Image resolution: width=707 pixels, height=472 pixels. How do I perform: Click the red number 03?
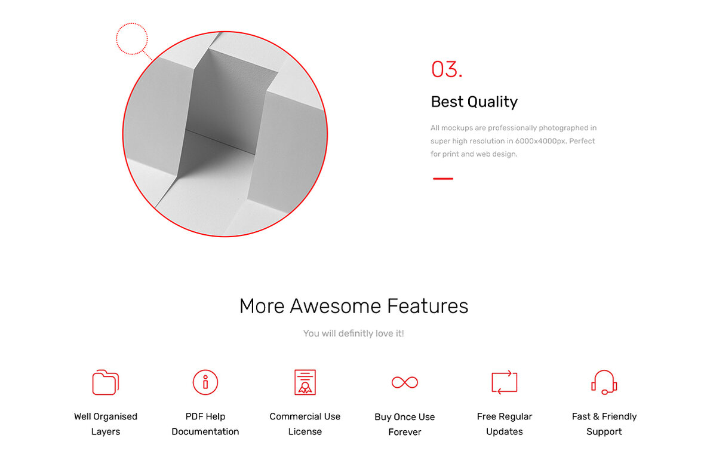coord(447,69)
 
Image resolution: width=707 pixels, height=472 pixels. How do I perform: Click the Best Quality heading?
coord(474,102)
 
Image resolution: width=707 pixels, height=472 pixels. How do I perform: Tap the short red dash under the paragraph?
coord(442,179)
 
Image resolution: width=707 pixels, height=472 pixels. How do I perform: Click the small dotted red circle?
coord(131,39)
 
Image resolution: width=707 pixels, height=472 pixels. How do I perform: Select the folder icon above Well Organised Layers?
coord(106,382)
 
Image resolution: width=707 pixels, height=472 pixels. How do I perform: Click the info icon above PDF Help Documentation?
coord(205,382)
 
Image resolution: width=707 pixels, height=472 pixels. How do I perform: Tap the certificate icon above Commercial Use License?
coord(305,382)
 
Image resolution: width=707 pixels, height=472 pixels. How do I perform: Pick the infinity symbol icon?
coord(405,382)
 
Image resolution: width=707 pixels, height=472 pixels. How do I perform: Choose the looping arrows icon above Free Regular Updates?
coord(505,382)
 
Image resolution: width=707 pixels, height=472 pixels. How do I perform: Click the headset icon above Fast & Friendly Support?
coord(604,382)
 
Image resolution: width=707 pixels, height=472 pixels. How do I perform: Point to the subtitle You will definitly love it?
coord(353,333)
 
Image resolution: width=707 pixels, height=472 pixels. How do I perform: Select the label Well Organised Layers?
coord(106,424)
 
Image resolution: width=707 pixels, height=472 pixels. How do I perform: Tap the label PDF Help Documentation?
coord(205,424)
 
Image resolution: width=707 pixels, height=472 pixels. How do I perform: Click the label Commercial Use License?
coord(305,424)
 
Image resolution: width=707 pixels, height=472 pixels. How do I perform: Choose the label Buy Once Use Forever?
coord(405,424)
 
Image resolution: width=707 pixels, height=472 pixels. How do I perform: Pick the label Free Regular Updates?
coord(505,424)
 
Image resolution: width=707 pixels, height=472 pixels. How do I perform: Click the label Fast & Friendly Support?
coord(604,424)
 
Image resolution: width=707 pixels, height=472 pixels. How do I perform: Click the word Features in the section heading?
coord(428,306)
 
